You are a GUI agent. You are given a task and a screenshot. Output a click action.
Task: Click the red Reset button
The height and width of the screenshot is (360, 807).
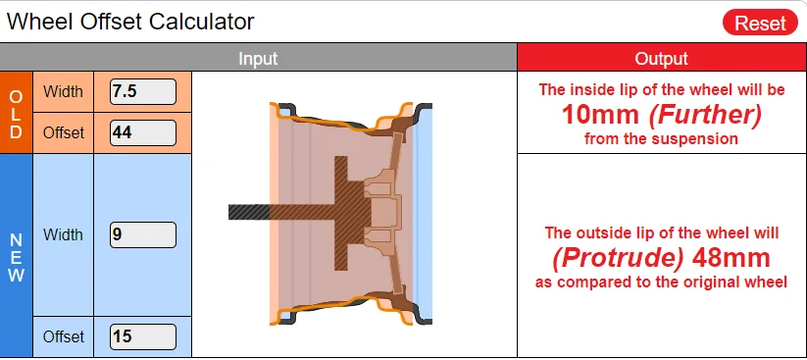[760, 23]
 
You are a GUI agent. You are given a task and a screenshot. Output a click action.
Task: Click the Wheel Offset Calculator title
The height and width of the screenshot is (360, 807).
[130, 22]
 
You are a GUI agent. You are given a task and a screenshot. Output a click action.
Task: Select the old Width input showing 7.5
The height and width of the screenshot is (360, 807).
[143, 91]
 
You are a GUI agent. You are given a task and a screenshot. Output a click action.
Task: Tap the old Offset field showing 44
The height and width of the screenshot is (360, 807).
[143, 132]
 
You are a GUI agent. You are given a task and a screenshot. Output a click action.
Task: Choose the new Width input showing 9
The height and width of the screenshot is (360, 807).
[143, 234]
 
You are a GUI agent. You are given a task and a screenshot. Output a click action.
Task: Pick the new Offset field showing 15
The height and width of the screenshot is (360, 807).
[143, 336]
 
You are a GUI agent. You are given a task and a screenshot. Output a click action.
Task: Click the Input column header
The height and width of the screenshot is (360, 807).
[258, 58]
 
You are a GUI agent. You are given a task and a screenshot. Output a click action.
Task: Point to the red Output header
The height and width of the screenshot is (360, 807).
[662, 58]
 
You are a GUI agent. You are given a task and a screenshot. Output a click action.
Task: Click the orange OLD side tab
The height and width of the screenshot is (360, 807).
[16, 113]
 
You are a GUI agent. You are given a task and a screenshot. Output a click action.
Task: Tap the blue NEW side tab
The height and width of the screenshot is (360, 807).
[16, 256]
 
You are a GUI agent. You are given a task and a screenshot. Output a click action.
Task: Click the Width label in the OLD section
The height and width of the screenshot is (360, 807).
[63, 91]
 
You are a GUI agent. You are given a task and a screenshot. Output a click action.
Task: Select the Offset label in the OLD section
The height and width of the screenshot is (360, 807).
[63, 132]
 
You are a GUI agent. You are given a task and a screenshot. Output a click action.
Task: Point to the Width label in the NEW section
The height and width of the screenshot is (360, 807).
[63, 234]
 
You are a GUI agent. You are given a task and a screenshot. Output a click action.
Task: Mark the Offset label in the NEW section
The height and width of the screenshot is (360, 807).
[63, 336]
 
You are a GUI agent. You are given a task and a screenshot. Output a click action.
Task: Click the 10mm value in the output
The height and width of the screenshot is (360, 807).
[600, 115]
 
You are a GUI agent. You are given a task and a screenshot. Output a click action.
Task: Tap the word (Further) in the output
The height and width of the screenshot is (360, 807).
[705, 116]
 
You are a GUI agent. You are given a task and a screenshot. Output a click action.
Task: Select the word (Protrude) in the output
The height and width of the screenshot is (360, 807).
[618, 259]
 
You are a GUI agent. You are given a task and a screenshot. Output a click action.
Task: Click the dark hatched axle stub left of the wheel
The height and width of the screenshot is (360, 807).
[249, 212]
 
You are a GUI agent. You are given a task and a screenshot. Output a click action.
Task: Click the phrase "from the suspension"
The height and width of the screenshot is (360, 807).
[661, 139]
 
